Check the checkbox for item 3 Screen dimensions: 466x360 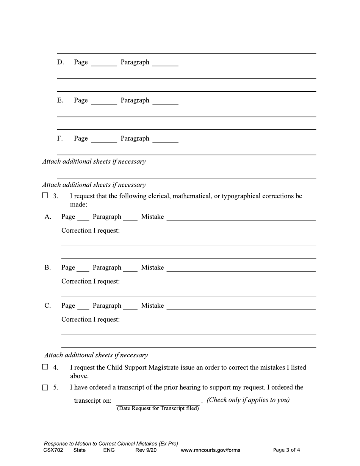45,196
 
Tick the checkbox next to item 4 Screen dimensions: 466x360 45,367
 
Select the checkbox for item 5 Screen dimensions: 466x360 45,387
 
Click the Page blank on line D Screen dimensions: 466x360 104,63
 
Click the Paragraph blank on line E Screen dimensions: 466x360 165,101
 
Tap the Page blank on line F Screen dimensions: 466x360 104,139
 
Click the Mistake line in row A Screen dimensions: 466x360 241,217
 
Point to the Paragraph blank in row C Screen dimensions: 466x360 130,306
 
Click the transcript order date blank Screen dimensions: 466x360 158,401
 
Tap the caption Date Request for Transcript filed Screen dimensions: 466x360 158,408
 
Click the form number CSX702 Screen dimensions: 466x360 53,450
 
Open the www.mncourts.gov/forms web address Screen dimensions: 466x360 210,450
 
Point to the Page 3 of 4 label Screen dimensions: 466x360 286,450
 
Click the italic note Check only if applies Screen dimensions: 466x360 248,400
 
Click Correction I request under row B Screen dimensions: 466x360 91,281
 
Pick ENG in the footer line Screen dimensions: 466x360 109,450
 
